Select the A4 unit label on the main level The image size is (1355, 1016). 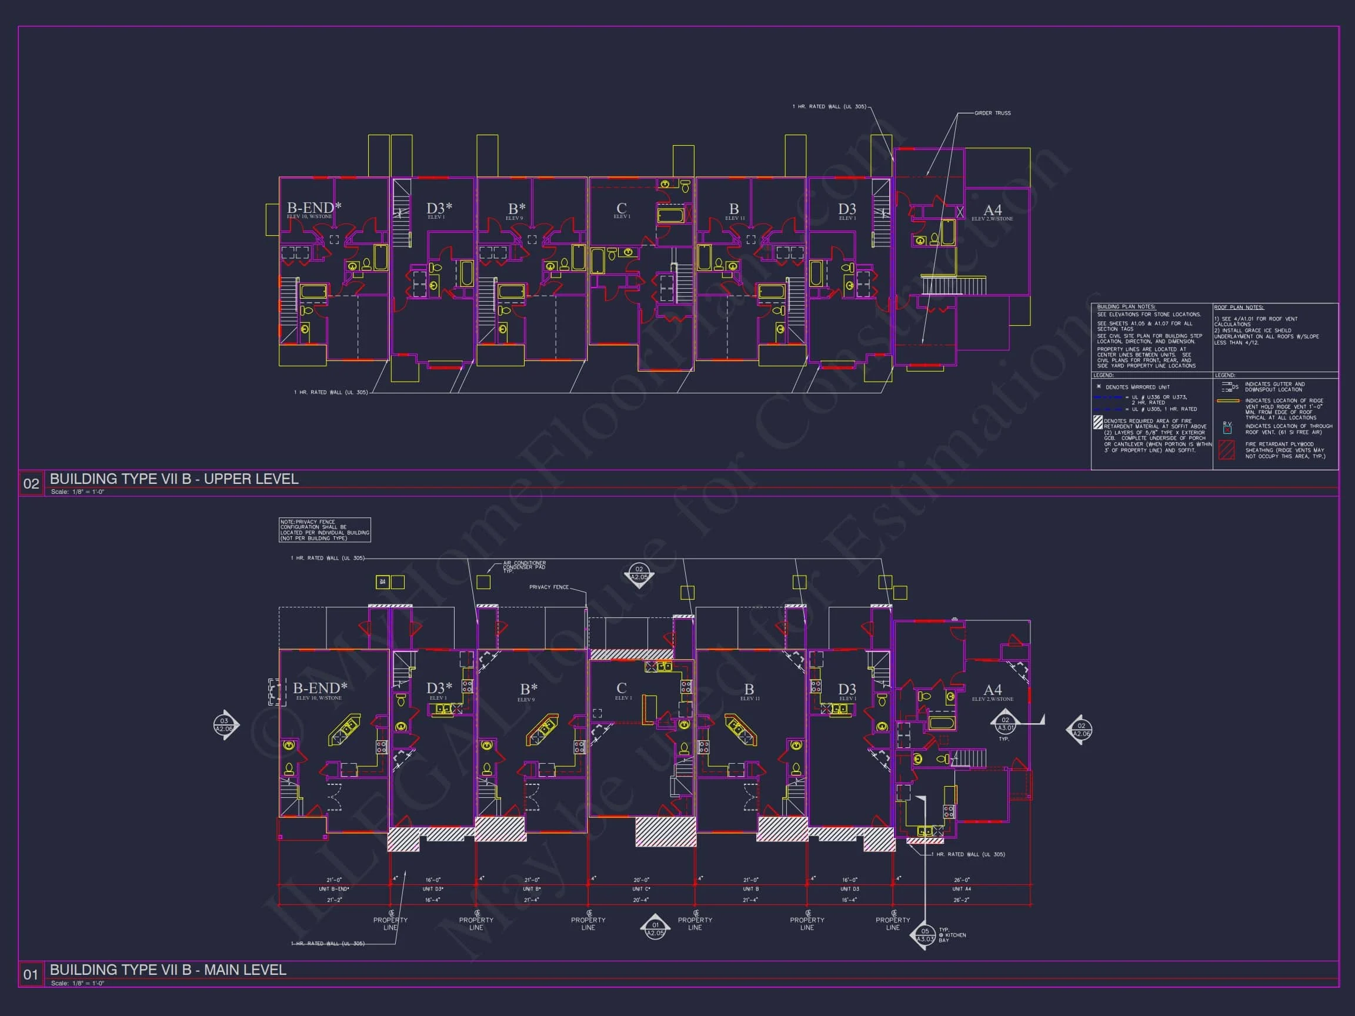coord(992,690)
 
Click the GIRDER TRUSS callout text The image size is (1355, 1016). coord(992,113)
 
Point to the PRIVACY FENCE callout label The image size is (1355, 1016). coord(549,587)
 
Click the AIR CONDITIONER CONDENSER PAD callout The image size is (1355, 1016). coord(525,566)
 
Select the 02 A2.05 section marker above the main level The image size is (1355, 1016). coord(639,574)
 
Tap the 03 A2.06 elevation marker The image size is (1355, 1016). coord(224,725)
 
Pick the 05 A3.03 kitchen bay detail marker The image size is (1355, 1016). coord(925,935)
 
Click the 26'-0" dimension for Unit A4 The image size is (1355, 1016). coord(962,880)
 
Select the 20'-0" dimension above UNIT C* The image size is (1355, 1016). coord(642,880)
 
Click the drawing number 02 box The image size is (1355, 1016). coord(31,484)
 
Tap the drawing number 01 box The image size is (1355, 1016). coord(31,974)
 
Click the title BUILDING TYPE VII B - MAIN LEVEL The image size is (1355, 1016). coord(168,970)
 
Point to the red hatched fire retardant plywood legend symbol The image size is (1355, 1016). coord(1226,450)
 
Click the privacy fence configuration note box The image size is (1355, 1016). coord(325,530)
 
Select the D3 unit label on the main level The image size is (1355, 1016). coord(847,690)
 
